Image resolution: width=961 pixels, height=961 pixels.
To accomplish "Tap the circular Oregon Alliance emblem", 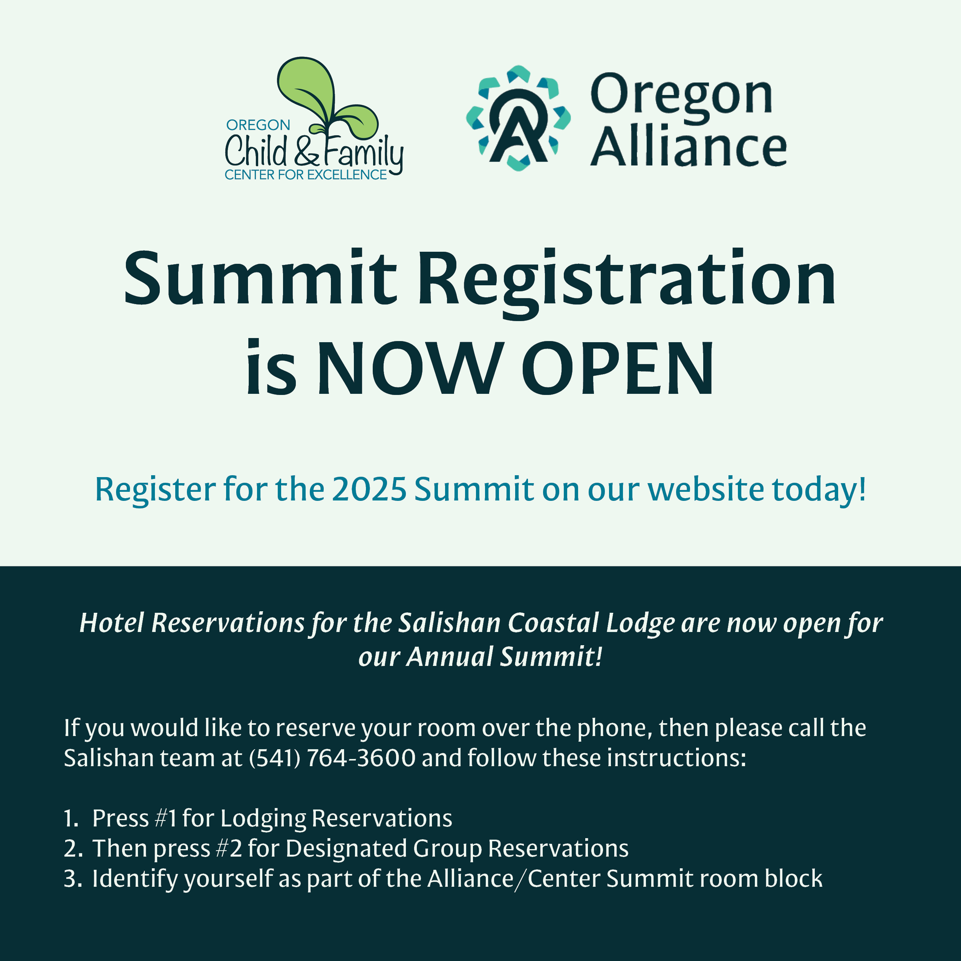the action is pos(518,118).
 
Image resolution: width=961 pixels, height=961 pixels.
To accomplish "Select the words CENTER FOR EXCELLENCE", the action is pos(305,175).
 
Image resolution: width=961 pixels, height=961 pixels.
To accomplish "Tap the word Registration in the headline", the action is pos(627,282).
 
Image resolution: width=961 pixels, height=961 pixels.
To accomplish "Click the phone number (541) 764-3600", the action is pos(332,757).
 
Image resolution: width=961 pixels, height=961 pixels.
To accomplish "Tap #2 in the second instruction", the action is pos(229,848).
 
